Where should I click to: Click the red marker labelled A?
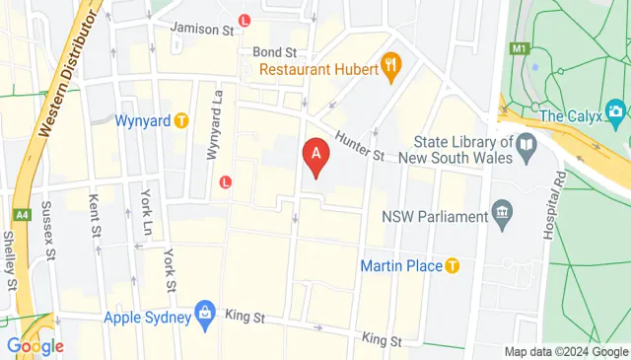(315, 156)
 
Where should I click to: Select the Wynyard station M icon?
(181, 120)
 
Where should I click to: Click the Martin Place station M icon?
(453, 265)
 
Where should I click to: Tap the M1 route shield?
(520, 46)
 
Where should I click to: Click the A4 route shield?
(21, 213)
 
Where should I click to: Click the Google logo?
(35, 346)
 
